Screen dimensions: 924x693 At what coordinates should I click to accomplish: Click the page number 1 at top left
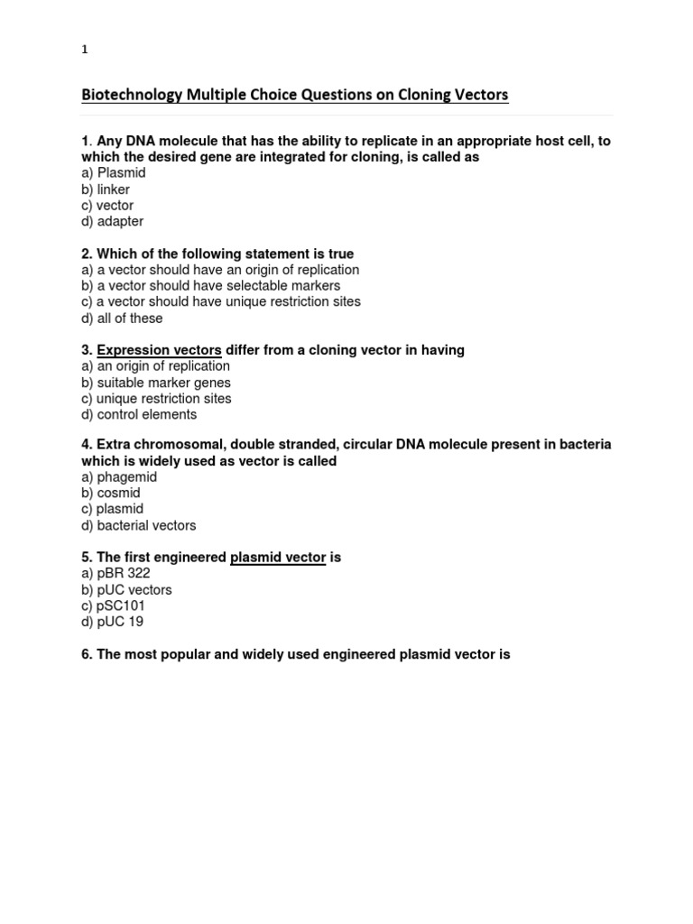pyautogui.click(x=85, y=51)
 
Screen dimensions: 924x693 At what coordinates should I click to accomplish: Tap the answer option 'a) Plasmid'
pyautogui.click(x=114, y=173)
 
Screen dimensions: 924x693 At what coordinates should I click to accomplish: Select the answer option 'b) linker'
pyautogui.click(x=106, y=189)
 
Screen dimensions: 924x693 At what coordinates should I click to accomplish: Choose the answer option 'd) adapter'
pyautogui.click(x=113, y=221)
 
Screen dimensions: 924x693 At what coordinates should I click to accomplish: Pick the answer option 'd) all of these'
pyautogui.click(x=123, y=318)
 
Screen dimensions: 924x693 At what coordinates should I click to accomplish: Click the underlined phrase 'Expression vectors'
pyautogui.click(x=159, y=350)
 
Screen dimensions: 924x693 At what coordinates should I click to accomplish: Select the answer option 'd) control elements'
pyautogui.click(x=139, y=414)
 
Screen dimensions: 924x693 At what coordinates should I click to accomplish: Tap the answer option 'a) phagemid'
pyautogui.click(x=119, y=477)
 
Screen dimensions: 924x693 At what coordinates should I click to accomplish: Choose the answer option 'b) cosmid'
pyautogui.click(x=111, y=494)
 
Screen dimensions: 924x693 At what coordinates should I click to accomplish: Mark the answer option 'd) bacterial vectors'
pyautogui.click(x=139, y=525)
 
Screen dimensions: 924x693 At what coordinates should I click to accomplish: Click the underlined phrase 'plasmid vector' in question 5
pyautogui.click(x=278, y=558)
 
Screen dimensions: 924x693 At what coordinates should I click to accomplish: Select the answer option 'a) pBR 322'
pyautogui.click(x=115, y=574)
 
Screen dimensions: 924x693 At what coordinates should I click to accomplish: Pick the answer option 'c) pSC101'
pyautogui.click(x=114, y=605)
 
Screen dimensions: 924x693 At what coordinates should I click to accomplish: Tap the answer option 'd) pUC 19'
pyautogui.click(x=113, y=622)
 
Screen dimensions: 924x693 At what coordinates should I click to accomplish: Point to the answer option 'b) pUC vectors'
pyautogui.click(x=126, y=590)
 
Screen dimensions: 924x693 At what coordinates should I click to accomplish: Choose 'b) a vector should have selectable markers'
pyautogui.click(x=211, y=286)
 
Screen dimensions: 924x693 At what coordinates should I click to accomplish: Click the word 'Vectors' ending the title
pyautogui.click(x=484, y=95)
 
